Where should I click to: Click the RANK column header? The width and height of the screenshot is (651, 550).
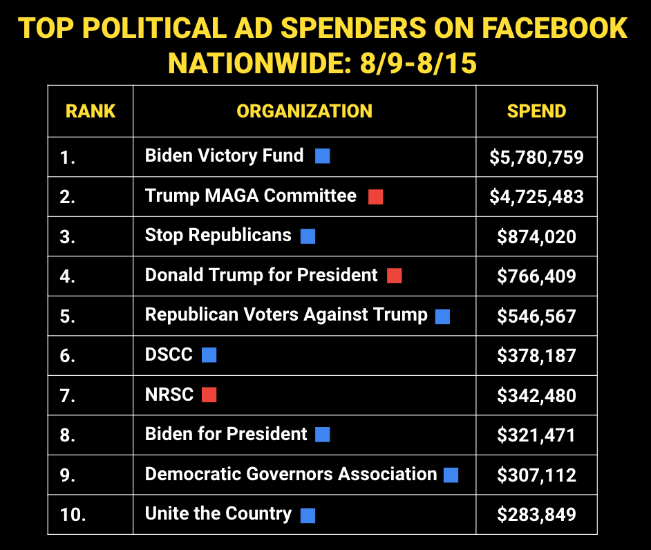[91, 111]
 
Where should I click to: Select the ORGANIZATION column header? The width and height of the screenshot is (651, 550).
[304, 111]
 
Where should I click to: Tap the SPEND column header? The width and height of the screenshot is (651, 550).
[536, 111]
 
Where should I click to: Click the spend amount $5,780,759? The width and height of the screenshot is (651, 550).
[536, 158]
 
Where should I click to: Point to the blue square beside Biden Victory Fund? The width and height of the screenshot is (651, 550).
[322, 156]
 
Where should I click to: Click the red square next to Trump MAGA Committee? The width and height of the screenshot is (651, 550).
[375, 196]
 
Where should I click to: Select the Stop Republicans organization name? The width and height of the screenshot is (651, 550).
[218, 236]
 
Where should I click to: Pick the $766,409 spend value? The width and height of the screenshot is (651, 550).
[536, 276]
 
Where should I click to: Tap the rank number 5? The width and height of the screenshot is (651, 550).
[67, 316]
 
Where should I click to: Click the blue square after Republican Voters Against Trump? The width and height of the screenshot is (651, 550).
[442, 316]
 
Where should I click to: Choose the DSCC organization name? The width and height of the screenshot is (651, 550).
[169, 355]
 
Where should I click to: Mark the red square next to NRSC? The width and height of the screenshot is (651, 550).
[209, 395]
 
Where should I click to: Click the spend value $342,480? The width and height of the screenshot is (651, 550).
[536, 396]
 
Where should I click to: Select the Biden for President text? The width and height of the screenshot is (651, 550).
[226, 434]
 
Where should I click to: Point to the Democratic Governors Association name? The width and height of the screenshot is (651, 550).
[291, 474]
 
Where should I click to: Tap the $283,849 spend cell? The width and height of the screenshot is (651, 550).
[536, 515]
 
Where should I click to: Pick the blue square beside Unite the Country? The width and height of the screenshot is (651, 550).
[308, 515]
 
